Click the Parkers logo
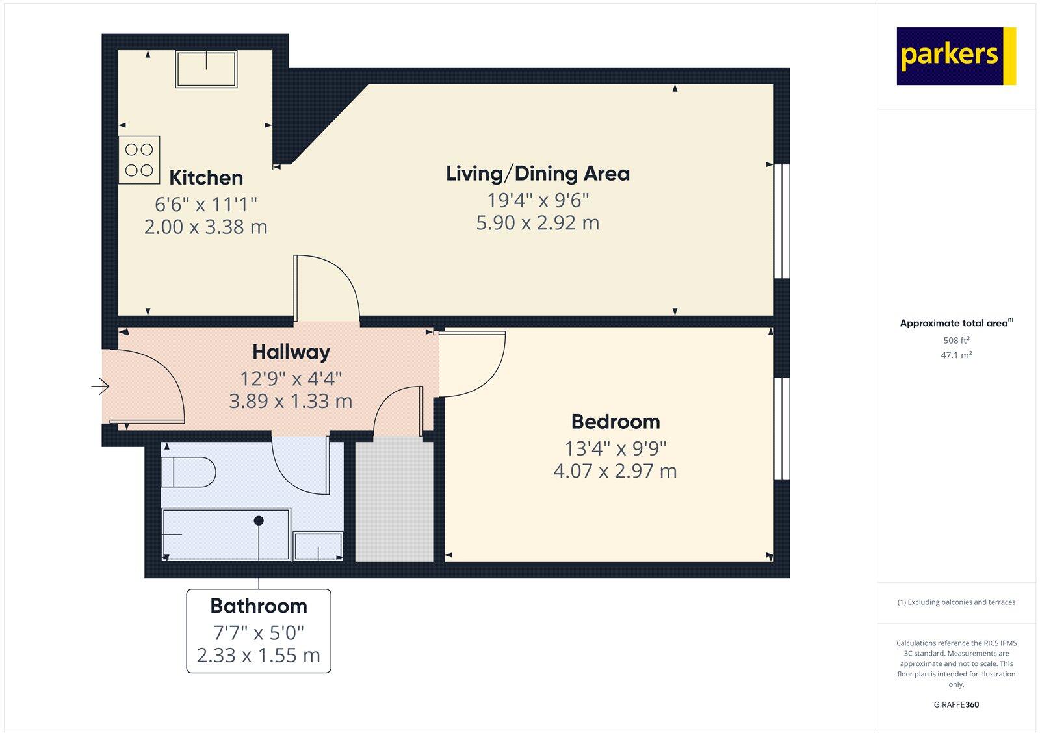[x=955, y=56]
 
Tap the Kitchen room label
[x=206, y=177]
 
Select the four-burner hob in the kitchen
[x=139, y=160]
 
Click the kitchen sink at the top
[x=206, y=69]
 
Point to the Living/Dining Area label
[x=538, y=174]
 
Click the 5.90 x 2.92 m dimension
[x=538, y=223]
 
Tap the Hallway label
[x=291, y=352]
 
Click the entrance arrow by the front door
[x=100, y=387]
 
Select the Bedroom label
[x=616, y=422]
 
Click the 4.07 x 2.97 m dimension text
[x=615, y=471]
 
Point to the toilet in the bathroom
[x=188, y=472]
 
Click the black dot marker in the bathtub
[x=259, y=521]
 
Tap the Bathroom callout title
[x=259, y=606]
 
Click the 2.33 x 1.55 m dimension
[x=259, y=656]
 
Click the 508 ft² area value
[x=956, y=340]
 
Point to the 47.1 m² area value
[x=956, y=355]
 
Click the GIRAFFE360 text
[x=956, y=704]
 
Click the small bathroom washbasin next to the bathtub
[x=318, y=547]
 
